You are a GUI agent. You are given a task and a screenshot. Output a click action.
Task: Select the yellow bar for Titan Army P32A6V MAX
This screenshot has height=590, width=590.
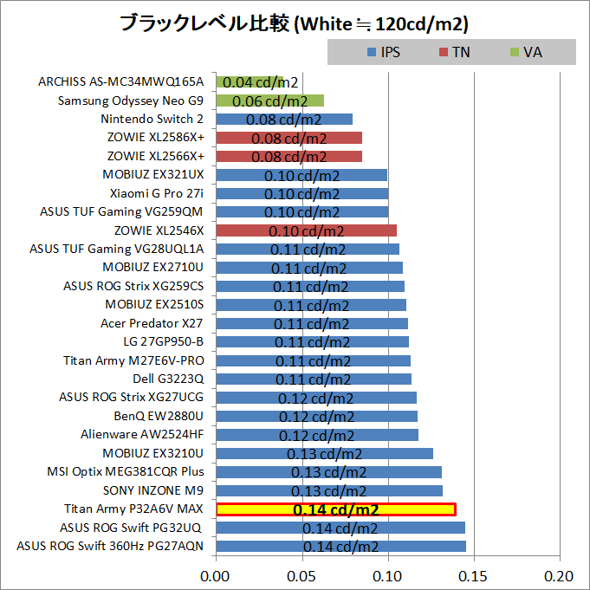(335, 509)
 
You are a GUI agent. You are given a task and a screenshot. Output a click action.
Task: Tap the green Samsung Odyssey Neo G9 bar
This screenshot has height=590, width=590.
(269, 100)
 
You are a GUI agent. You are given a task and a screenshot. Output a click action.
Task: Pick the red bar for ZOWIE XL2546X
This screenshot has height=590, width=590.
(305, 230)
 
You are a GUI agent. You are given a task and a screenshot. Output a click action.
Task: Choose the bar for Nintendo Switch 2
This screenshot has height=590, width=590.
(283, 120)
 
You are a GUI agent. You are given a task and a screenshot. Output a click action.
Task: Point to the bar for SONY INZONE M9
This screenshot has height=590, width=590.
(328, 490)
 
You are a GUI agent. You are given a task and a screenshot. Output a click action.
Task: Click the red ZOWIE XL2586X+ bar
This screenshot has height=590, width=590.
(289, 138)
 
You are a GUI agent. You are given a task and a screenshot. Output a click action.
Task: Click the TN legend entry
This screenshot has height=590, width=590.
(454, 52)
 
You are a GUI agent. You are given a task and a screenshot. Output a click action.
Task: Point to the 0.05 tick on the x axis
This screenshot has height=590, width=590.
(301, 575)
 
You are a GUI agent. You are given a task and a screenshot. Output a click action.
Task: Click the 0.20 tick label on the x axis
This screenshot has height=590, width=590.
(560, 575)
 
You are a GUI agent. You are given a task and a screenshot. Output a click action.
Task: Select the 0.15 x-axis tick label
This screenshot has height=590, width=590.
(474, 575)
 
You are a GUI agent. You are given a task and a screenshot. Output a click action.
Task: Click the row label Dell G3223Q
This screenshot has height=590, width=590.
(169, 379)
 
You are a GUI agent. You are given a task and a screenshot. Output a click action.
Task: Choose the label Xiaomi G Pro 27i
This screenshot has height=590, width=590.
(157, 193)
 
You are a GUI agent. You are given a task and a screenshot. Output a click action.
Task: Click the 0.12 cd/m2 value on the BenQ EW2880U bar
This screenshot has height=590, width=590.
(315, 417)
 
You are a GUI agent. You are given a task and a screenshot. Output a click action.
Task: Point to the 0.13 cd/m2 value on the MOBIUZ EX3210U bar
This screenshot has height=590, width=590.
(324, 454)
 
